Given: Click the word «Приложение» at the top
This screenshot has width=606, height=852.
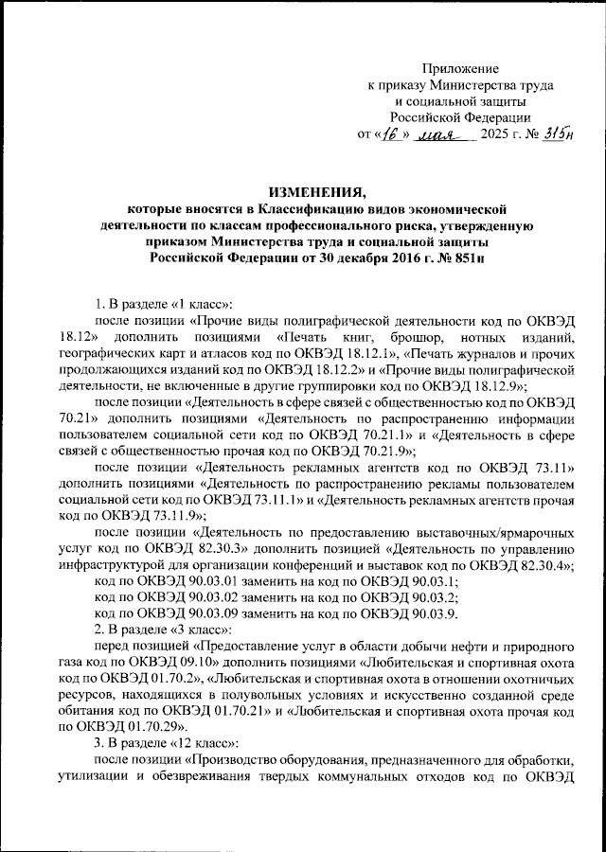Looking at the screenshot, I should tap(459, 69).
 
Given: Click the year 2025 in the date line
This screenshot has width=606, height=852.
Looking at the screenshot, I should tap(499, 134).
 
